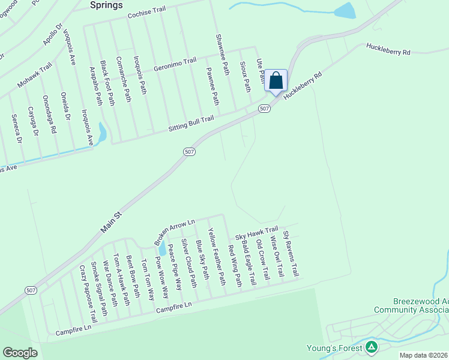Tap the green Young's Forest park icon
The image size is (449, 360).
372,347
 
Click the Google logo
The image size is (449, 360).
20,353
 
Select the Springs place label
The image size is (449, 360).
106,5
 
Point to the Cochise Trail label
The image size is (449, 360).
146,13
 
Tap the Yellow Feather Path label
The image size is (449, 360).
216,256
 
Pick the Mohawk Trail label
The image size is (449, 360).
35,77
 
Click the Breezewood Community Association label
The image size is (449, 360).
411,305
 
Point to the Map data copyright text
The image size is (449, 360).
424,355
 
